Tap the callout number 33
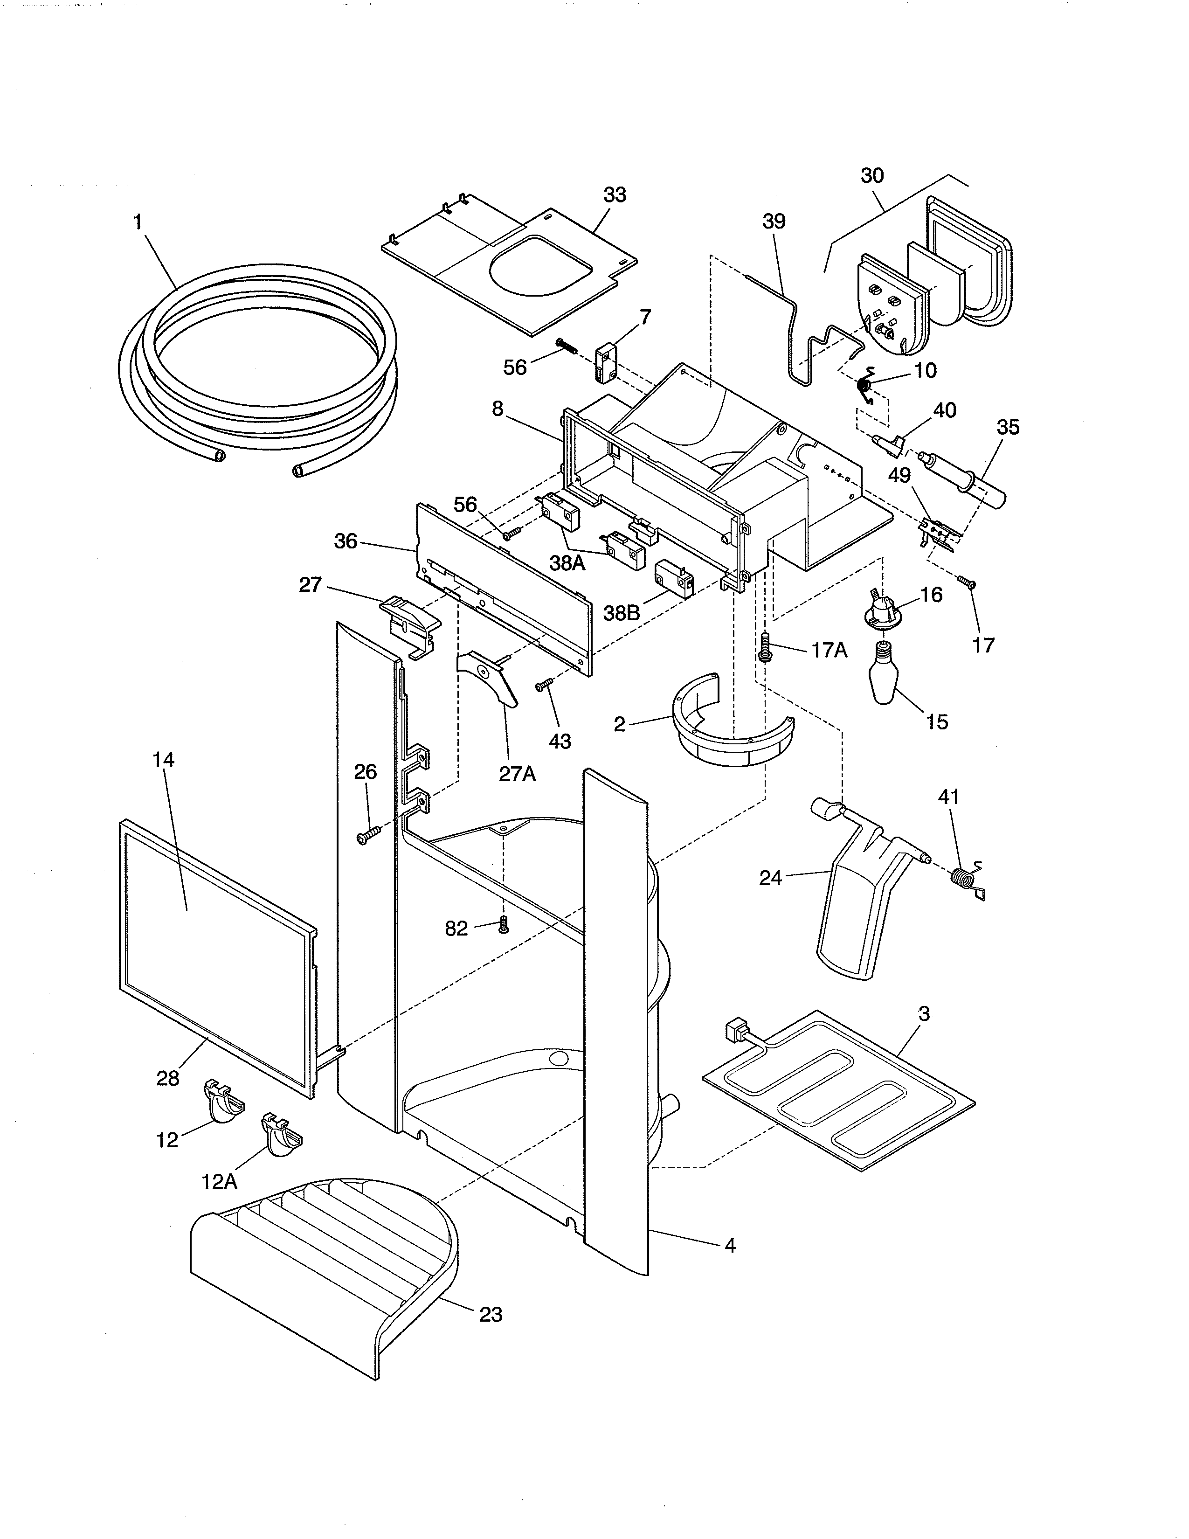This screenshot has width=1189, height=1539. [x=614, y=195]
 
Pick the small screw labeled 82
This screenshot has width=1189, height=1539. [x=503, y=924]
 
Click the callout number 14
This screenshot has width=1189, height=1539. [x=163, y=760]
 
